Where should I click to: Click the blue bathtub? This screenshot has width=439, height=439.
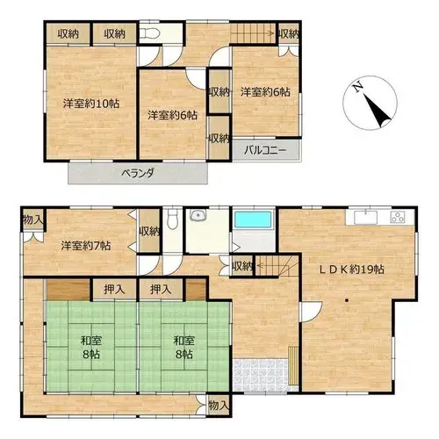pyautogui.click(x=254, y=219)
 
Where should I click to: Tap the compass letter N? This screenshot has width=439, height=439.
pyautogui.click(x=358, y=87)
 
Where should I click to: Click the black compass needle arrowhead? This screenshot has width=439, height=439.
pyautogui.click(x=378, y=112)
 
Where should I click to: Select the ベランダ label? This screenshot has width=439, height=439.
pyautogui.click(x=138, y=173)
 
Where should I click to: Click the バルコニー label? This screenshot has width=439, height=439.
pyautogui.click(x=265, y=151)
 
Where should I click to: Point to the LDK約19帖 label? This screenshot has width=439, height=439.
pyautogui.click(x=351, y=270)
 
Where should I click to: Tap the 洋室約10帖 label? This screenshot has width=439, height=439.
pyautogui.click(x=91, y=104)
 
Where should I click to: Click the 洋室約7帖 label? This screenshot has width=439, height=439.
pyautogui.click(x=86, y=246)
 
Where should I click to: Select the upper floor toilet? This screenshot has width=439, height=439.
pyautogui.click(x=149, y=33)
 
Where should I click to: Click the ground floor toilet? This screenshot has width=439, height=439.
pyautogui.click(x=172, y=219)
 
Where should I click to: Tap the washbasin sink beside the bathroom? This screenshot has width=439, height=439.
pyautogui.click(x=198, y=215)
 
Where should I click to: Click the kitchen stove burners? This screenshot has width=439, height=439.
pyautogui.click(x=398, y=218)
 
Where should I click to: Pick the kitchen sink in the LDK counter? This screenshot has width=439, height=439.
pyautogui.click(x=365, y=218)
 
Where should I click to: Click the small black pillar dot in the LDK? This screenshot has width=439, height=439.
pyautogui.click(x=347, y=300)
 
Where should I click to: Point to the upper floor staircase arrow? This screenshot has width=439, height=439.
pyautogui.click(x=253, y=33)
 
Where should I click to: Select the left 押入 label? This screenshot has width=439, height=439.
pyautogui.click(x=115, y=290)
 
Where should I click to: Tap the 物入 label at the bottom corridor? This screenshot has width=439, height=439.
pyautogui.click(x=219, y=406)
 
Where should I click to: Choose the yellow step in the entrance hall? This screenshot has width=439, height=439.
pyautogui.click(x=292, y=366)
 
